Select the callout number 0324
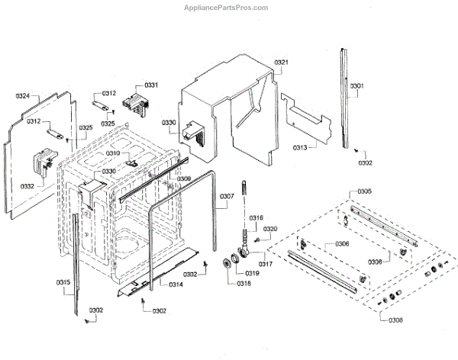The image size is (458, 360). point(23,97)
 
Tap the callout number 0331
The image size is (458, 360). point(151,85)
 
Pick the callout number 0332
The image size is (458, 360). point(27,186)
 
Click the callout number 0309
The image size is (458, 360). point(183,179)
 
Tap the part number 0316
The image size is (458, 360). point(256,218)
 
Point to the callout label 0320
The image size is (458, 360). point(270,229)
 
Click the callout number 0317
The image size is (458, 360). point(265,264)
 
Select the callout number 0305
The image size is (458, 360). point(364,191)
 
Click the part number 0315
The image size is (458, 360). point(63,283)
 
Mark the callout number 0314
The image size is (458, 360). point(176,285)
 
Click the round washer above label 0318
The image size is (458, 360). point(227,265)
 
